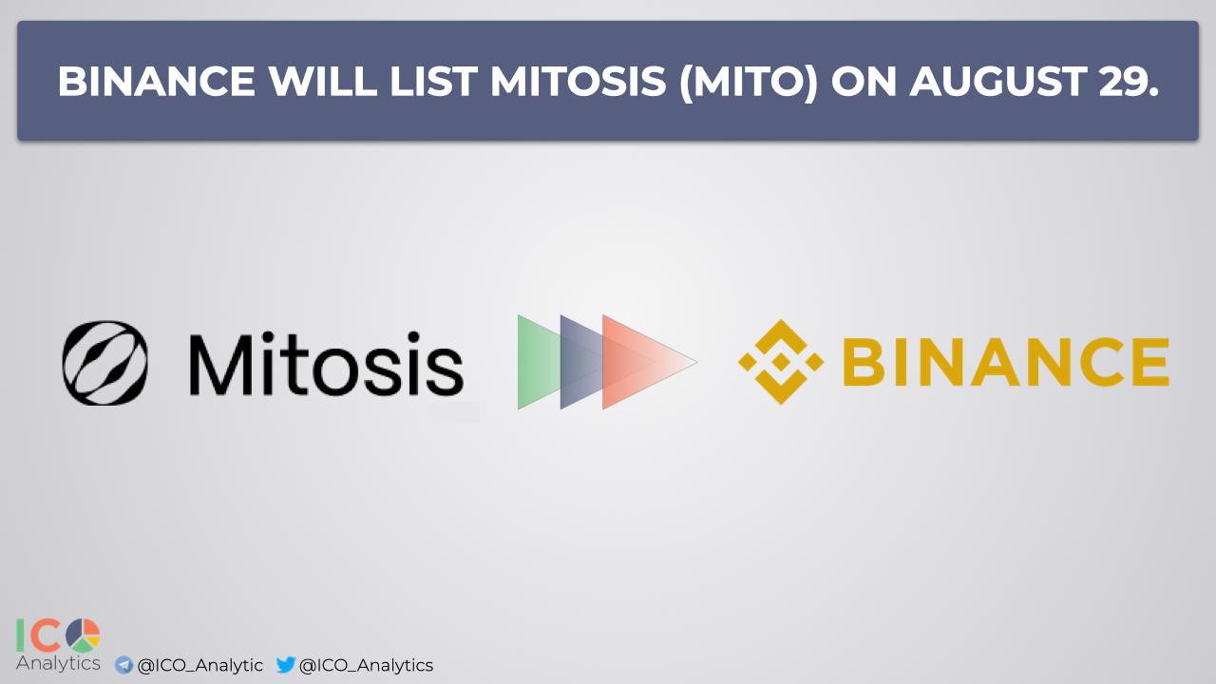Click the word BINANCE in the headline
pyautogui.click(x=157, y=82)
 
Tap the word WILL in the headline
pyautogui.click(x=323, y=82)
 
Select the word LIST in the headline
pyautogui.click(x=434, y=82)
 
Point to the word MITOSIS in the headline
pyautogui.click(x=579, y=82)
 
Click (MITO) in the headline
pyautogui.click(x=748, y=83)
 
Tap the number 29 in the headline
pyautogui.click(x=1124, y=82)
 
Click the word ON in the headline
pyautogui.click(x=864, y=82)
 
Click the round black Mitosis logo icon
pyautogui.click(x=105, y=363)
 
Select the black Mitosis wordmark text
pyautogui.click(x=326, y=363)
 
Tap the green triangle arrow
pyautogui.click(x=539, y=362)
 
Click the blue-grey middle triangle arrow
pyautogui.click(x=581, y=362)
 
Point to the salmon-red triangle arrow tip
pyautogui.click(x=697, y=362)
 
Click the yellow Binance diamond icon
pyautogui.click(x=781, y=362)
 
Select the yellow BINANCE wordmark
pyautogui.click(x=1005, y=362)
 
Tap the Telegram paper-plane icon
pyautogui.click(x=123, y=665)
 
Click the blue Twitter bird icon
pyautogui.click(x=286, y=664)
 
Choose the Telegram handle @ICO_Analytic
pyautogui.click(x=200, y=666)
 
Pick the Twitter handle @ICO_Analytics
pyautogui.click(x=366, y=666)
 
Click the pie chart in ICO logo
pyautogui.click(x=83, y=636)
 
